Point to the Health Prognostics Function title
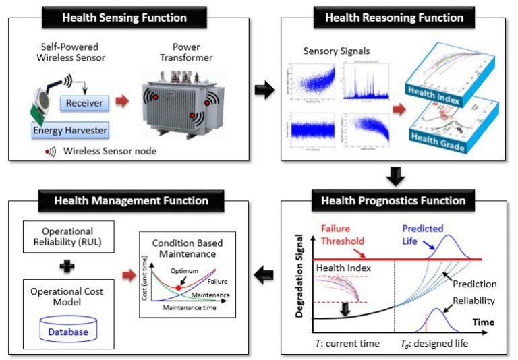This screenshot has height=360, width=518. point(393,200)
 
